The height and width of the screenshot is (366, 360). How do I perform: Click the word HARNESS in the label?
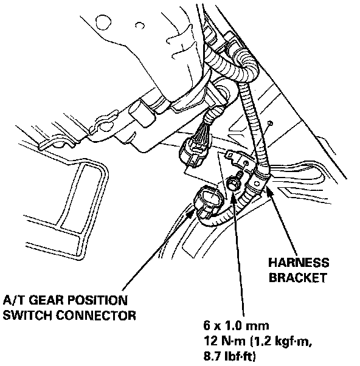299,263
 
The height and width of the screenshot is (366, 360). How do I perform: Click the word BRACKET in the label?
298,278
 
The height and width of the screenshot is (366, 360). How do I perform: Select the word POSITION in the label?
97,300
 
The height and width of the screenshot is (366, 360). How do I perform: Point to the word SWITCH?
27,315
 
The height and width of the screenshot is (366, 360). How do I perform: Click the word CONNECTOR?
96,315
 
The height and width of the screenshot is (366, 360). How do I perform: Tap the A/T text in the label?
13,300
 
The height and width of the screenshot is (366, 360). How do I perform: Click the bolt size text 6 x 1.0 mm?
236,326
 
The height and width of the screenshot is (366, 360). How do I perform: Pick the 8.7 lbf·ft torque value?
229,356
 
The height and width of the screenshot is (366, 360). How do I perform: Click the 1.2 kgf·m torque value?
281,342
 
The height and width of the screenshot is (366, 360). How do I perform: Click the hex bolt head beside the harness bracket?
232,181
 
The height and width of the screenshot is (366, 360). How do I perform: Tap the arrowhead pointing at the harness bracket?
269,191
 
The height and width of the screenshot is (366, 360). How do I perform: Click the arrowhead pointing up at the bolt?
234,196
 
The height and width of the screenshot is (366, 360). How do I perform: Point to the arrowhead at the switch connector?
191,213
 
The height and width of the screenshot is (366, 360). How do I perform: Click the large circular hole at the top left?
103,22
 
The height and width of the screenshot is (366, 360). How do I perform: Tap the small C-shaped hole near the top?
140,25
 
